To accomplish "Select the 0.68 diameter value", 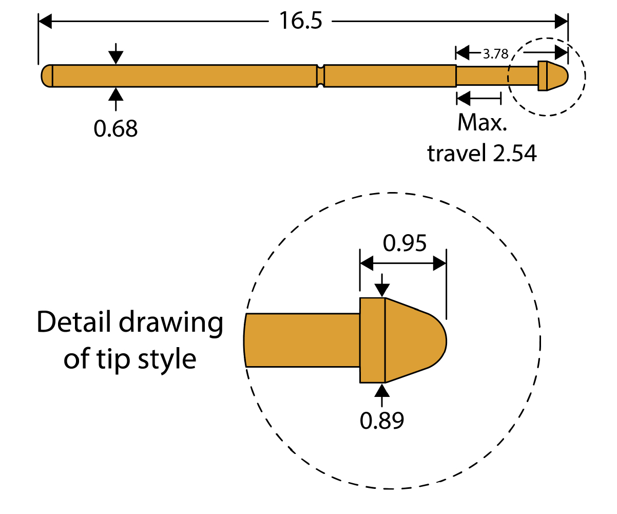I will tap(115, 128).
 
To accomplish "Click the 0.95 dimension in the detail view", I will tap(404, 243).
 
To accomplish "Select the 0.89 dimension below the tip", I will tap(382, 421).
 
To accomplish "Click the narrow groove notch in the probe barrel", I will tap(321, 76).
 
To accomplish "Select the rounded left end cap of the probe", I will tap(46, 76).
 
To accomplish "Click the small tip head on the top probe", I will tap(552, 76).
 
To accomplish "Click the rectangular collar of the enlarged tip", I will tap(372, 340).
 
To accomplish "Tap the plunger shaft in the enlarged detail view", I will tap(303, 340).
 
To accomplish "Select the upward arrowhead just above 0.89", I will tap(382, 390).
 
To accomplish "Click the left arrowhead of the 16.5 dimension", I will tap(45, 22).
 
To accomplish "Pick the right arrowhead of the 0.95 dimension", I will tap(439, 264).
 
